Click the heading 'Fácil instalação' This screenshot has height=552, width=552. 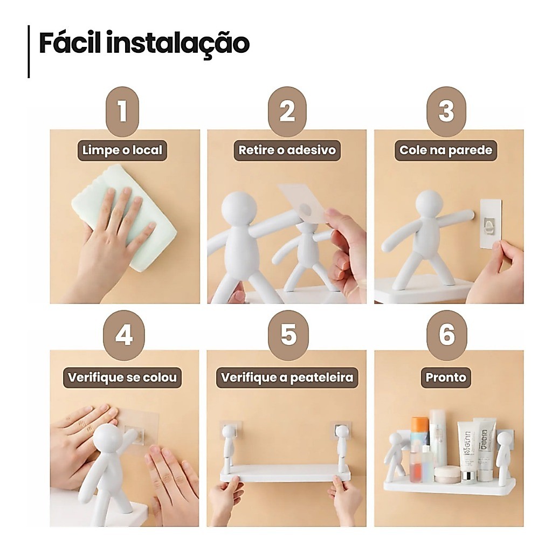coord(144,43)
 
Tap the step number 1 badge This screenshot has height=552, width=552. coord(122,112)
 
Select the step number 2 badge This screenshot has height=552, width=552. coord(287,112)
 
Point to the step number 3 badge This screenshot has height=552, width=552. coord(446,112)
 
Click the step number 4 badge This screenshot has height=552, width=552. coord(124,335)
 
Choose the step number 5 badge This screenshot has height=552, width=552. coord(288,335)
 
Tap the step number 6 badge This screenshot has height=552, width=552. coord(446,335)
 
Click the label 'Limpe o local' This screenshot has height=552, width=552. coord(122,150)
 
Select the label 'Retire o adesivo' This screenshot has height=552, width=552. coord(287,150)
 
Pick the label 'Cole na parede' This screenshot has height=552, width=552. coord(446,150)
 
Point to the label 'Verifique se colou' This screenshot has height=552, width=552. coord(122,378)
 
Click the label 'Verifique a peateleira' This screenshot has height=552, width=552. coord(287,378)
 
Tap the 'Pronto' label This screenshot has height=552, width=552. coord(446,378)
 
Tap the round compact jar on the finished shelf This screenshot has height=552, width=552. coord(447,474)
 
